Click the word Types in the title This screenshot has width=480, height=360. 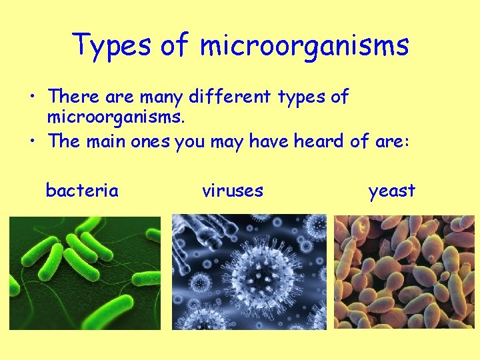coord(113,45)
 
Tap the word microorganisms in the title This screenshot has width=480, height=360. coord(305,45)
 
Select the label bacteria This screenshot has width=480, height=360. coord(82,191)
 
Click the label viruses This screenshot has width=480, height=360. coord(233,191)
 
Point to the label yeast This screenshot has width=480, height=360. coord(392,191)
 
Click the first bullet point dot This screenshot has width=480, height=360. coord(31,97)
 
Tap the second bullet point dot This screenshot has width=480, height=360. coord(31,141)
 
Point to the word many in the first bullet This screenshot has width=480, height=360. coord(161,98)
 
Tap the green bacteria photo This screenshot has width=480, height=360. coord(85,273)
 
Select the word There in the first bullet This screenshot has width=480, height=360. coord(74,97)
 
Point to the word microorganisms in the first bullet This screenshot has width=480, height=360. coord(115,119)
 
